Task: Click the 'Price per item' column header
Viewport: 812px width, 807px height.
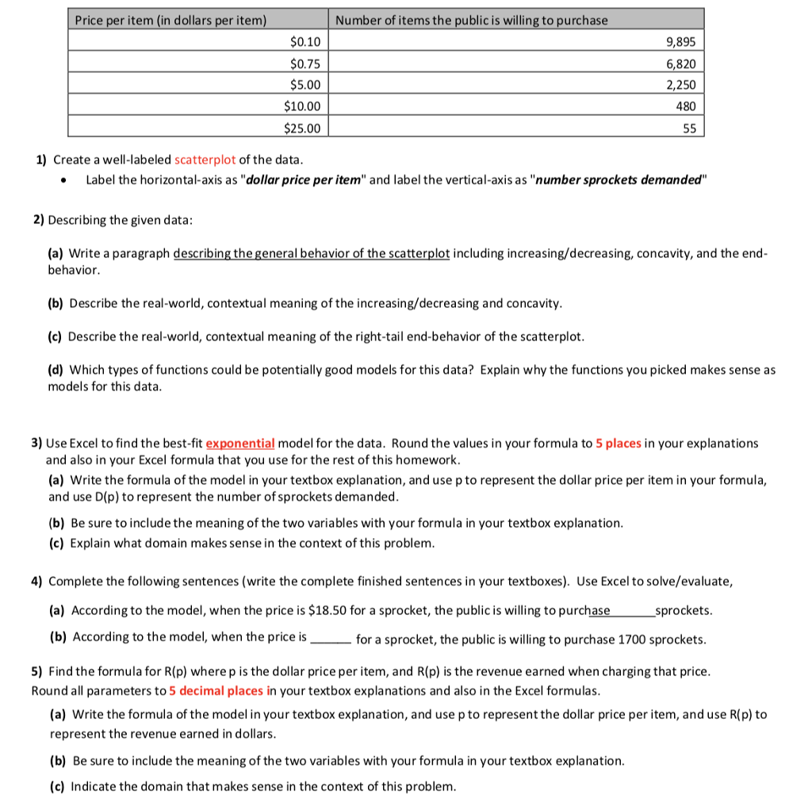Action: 170,20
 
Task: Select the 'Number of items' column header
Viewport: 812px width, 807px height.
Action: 472,20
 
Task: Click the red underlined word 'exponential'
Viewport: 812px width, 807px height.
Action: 239,443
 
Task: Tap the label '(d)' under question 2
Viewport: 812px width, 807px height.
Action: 56,370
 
